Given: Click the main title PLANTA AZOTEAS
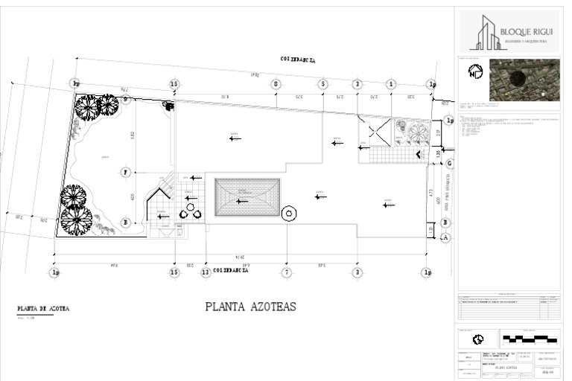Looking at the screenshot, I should [x=250, y=306].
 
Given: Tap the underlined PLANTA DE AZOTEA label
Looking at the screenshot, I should [x=44, y=308].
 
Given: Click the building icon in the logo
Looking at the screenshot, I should [x=490, y=33].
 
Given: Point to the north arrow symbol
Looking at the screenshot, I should [x=474, y=72].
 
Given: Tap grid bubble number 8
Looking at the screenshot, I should [x=276, y=85].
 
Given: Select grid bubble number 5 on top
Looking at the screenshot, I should [x=322, y=85].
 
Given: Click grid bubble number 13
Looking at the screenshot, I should [x=205, y=273].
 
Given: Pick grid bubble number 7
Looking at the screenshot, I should [x=287, y=273].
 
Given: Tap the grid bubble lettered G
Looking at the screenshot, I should [x=448, y=163].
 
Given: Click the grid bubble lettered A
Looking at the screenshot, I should [x=446, y=237].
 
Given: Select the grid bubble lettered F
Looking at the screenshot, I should [x=125, y=173].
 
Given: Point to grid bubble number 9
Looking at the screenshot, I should [x=125, y=99].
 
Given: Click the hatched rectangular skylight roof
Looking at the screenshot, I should [x=247, y=197].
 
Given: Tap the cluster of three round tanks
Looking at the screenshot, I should [x=191, y=211].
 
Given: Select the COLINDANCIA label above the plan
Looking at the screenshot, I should [x=297, y=58].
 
